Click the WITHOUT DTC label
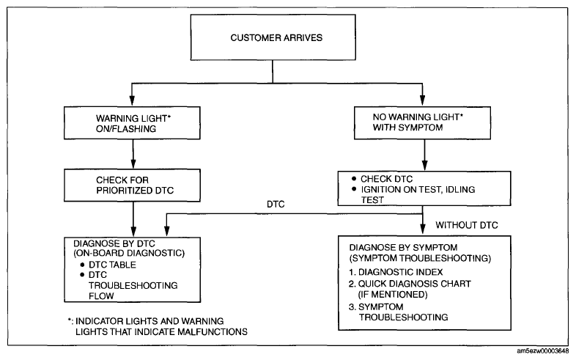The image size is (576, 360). tap(467, 225)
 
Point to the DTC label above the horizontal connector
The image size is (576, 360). tap(276, 205)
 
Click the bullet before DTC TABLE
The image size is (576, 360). tap(82, 265)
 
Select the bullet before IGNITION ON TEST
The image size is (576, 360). tap(354, 189)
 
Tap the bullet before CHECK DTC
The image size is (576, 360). tap(354, 178)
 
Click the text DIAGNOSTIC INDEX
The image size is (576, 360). tap(400, 272)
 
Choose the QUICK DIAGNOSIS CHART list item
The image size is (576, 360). tap(410, 284)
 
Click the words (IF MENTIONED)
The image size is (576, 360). tap(393, 294)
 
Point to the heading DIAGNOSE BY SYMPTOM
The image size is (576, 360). tap(403, 247)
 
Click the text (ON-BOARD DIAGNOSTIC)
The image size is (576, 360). tap(129, 253)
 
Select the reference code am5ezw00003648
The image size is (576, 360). tap(542, 351)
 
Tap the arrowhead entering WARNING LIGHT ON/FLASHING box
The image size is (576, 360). tap(132, 100)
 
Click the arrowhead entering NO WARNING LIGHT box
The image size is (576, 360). tap(422, 100)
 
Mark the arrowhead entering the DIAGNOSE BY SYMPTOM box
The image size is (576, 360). tap(423, 229)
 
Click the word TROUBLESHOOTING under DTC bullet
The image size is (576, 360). tap(133, 285)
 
